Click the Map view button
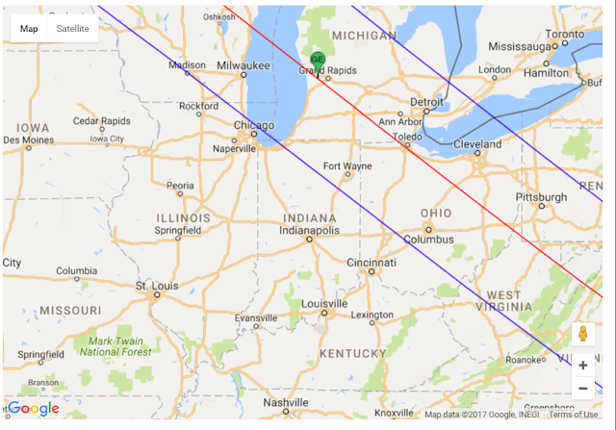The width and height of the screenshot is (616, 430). (29, 29)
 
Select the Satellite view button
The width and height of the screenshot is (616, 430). (73, 29)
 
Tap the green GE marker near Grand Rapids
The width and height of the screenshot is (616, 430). (318, 61)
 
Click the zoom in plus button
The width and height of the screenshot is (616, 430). (582, 366)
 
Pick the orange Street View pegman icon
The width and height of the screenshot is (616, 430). (582, 335)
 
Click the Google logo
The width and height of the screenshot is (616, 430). (34, 409)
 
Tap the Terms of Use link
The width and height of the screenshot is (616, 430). (574, 415)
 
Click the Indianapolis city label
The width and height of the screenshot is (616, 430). (310, 231)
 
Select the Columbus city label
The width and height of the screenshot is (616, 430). (429, 240)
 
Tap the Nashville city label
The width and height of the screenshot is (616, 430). (286, 402)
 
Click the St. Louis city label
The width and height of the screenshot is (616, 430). (154, 286)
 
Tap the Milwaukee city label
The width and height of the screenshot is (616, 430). (242, 64)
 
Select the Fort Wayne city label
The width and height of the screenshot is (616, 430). (346, 166)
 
